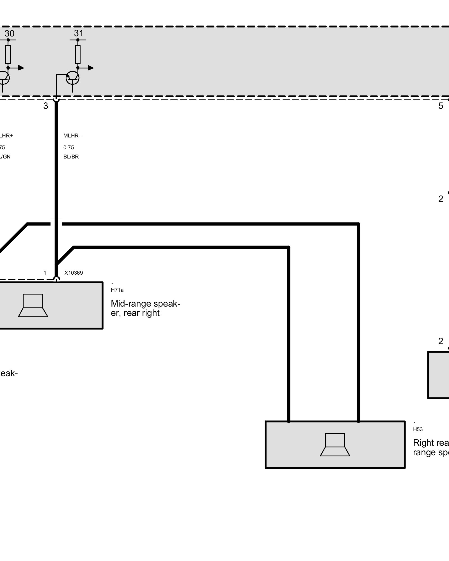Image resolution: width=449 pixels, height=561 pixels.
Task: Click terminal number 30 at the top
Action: pyautogui.click(x=9, y=33)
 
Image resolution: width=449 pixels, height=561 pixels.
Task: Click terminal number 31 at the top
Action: pyautogui.click(x=79, y=33)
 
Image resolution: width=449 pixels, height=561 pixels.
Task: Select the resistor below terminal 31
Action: pyautogui.click(x=78, y=54)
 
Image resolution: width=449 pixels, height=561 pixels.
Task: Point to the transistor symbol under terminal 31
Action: pyautogui.click(x=72, y=78)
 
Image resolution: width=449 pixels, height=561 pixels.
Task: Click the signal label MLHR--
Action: pyautogui.click(x=73, y=136)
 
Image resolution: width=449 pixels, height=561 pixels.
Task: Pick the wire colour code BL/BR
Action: pyautogui.click(x=71, y=157)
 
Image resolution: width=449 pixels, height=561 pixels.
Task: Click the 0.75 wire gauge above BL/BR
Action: pyautogui.click(x=68, y=148)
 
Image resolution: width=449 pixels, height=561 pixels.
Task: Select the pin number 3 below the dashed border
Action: pyautogui.click(x=45, y=106)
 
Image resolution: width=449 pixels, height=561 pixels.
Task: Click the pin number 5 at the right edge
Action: pyautogui.click(x=441, y=106)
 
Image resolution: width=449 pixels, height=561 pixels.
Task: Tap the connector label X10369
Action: pyautogui.click(x=74, y=273)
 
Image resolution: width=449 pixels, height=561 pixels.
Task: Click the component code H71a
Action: pyautogui.click(x=117, y=290)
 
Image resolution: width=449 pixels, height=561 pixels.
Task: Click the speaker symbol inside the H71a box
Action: pyautogui.click(x=33, y=305)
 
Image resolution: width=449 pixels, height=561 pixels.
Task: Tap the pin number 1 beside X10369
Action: pyautogui.click(x=45, y=273)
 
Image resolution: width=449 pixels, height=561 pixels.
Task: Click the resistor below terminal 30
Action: pyautogui.click(x=8, y=54)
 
